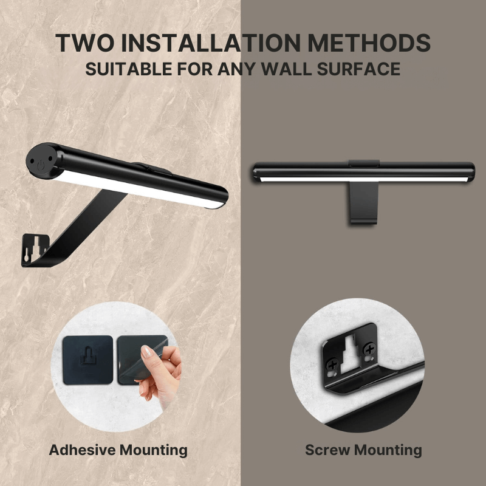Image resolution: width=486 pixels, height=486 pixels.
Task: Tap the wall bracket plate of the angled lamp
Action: [35, 249]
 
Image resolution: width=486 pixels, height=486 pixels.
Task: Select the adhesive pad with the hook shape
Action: [87, 360]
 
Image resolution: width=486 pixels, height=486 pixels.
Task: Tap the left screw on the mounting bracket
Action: [332, 364]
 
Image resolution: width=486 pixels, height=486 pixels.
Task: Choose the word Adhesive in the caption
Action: [82, 450]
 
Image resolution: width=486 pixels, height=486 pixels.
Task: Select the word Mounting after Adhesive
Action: [153, 450]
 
